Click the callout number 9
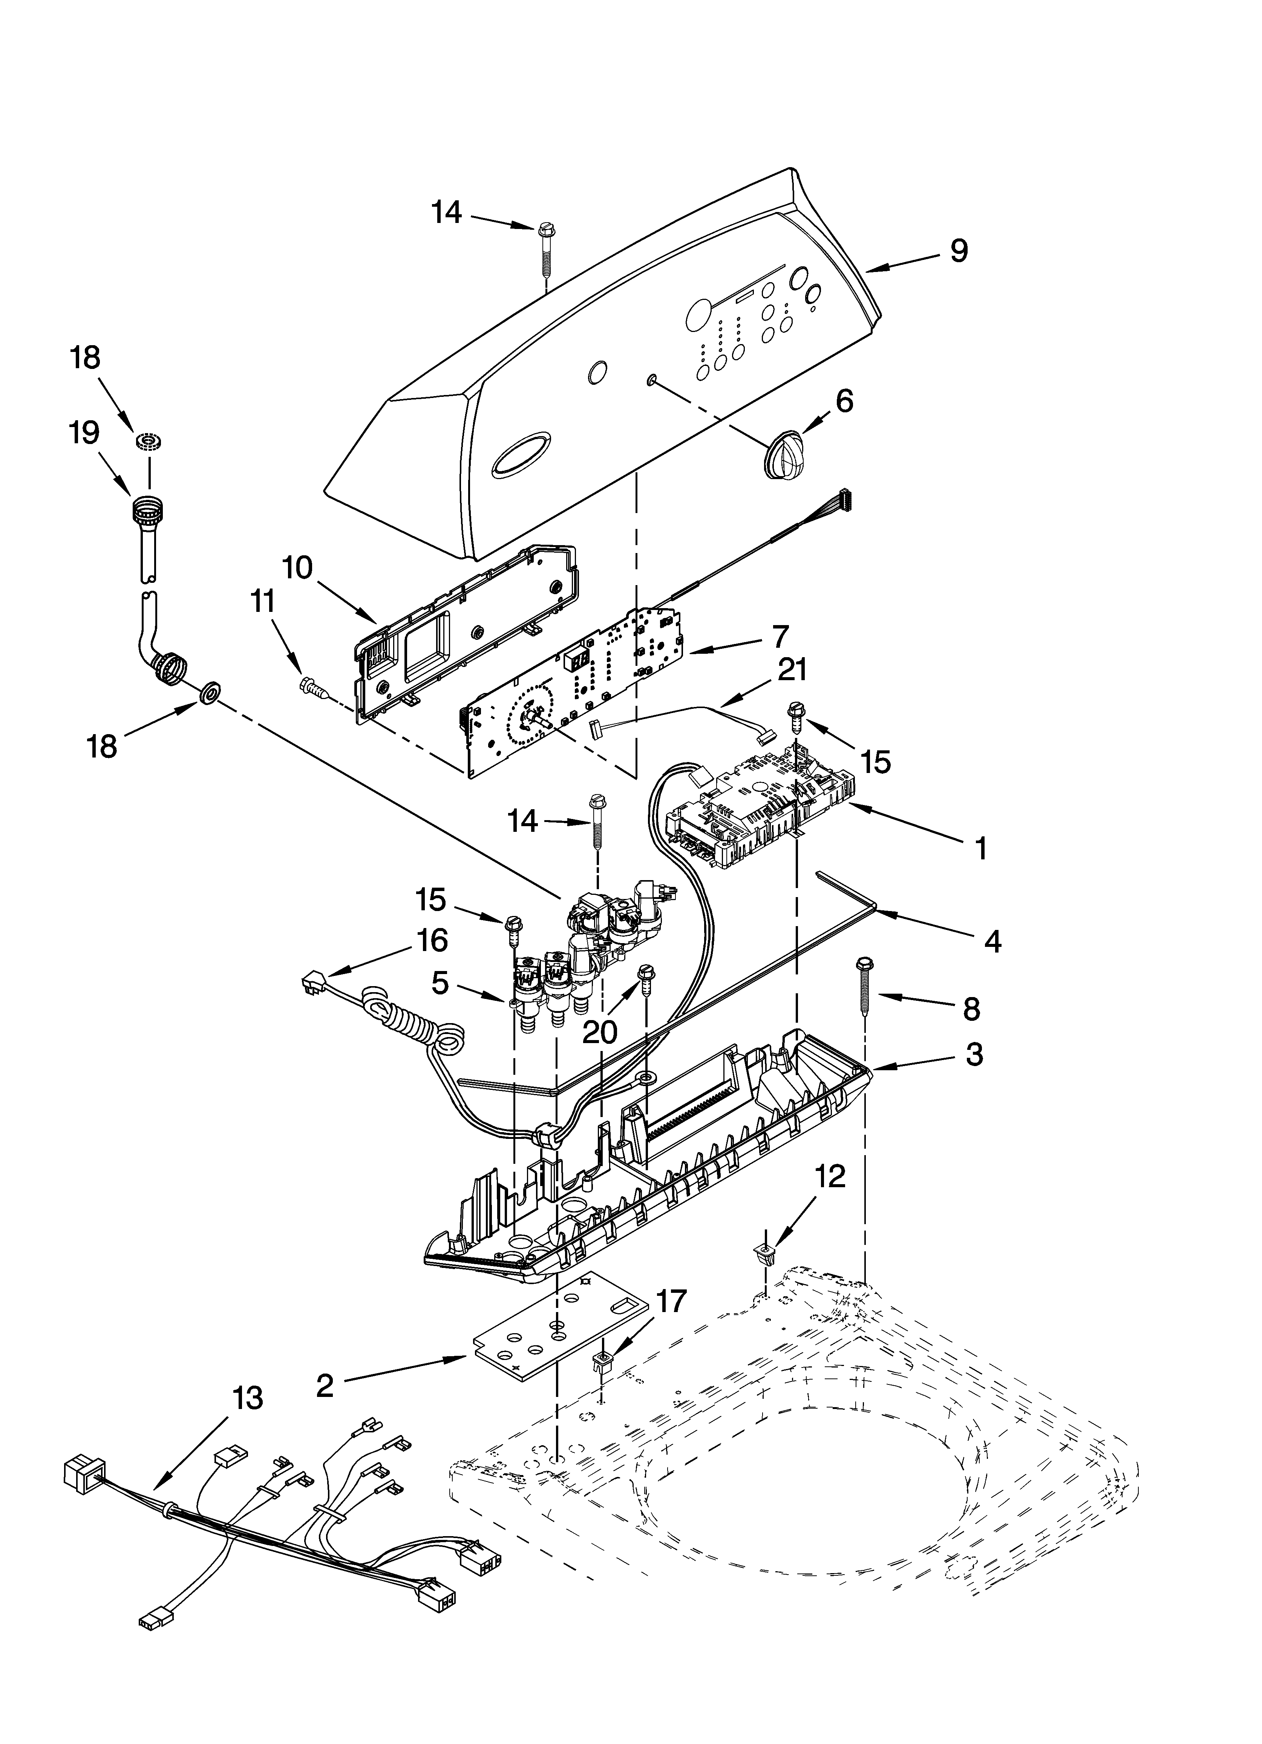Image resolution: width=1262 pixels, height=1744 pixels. pyautogui.click(x=959, y=252)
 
